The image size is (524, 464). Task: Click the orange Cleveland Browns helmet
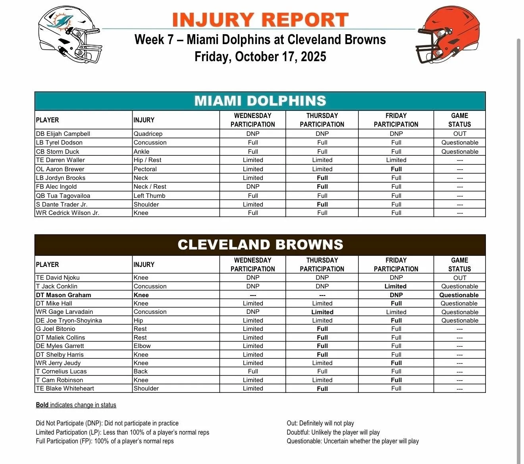click(448, 35)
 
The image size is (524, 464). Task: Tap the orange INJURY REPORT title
click(260, 20)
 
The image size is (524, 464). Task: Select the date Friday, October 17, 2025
click(260, 56)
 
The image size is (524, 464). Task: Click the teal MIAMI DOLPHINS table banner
click(260, 101)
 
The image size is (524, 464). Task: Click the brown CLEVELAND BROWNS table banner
click(260, 245)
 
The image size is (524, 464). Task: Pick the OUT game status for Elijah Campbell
click(460, 134)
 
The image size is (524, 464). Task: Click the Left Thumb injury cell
click(149, 196)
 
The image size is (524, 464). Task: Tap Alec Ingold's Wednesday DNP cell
click(253, 187)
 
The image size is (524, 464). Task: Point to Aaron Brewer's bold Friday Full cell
click(396, 169)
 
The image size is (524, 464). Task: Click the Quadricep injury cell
click(148, 134)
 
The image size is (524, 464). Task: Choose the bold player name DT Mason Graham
click(64, 295)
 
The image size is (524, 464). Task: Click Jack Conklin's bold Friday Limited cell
click(395, 286)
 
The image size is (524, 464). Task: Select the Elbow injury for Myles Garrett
click(142, 346)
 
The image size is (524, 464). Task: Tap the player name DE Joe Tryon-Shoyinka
click(69, 321)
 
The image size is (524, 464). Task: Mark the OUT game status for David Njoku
click(460, 278)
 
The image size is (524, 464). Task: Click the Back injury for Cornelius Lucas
click(141, 371)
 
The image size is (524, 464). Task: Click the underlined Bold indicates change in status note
click(76, 405)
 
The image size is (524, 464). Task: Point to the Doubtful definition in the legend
click(333, 433)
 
